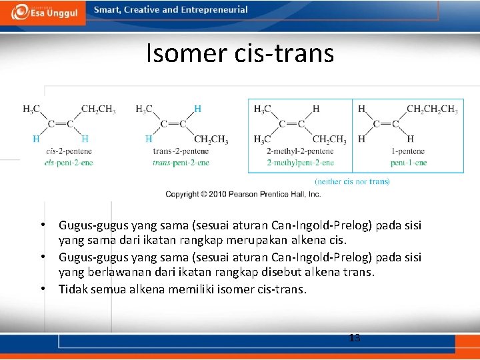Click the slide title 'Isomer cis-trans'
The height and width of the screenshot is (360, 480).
pyautogui.click(x=240, y=53)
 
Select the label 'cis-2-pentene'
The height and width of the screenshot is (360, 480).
pyautogui.click(x=69, y=153)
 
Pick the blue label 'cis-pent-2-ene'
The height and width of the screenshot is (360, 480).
pyautogui.click(x=69, y=163)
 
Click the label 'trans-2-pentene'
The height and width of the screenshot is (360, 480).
pyautogui.click(x=181, y=153)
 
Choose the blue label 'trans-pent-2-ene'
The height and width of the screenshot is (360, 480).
pyautogui.click(x=181, y=163)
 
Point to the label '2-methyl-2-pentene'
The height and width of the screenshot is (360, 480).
pyautogui.click(x=300, y=153)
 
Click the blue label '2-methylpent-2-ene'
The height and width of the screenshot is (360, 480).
pyautogui.click(x=300, y=163)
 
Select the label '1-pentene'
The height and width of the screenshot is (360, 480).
pyautogui.click(x=409, y=153)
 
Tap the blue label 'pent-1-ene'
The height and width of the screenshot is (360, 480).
pyautogui.click(x=409, y=163)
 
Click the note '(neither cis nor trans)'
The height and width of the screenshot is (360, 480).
pyautogui.click(x=352, y=181)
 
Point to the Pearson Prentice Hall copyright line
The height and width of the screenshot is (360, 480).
pyautogui.click(x=243, y=194)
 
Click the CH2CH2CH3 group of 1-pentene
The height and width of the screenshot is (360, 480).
pyautogui.click(x=431, y=109)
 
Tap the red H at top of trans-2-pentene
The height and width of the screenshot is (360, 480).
pyautogui.click(x=197, y=109)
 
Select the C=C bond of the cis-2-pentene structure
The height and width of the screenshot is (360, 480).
pyautogui.click(x=60, y=124)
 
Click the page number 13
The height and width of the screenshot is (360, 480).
pyautogui.click(x=355, y=338)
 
